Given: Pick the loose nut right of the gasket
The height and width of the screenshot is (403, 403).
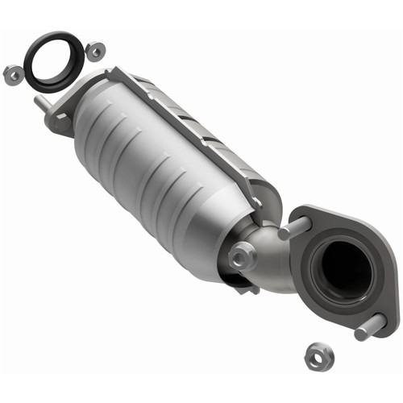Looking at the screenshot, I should click(x=95, y=52).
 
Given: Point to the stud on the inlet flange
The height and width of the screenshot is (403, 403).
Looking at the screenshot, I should click(x=40, y=104).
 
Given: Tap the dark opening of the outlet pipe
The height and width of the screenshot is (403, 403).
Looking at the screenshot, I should click(x=343, y=270).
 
